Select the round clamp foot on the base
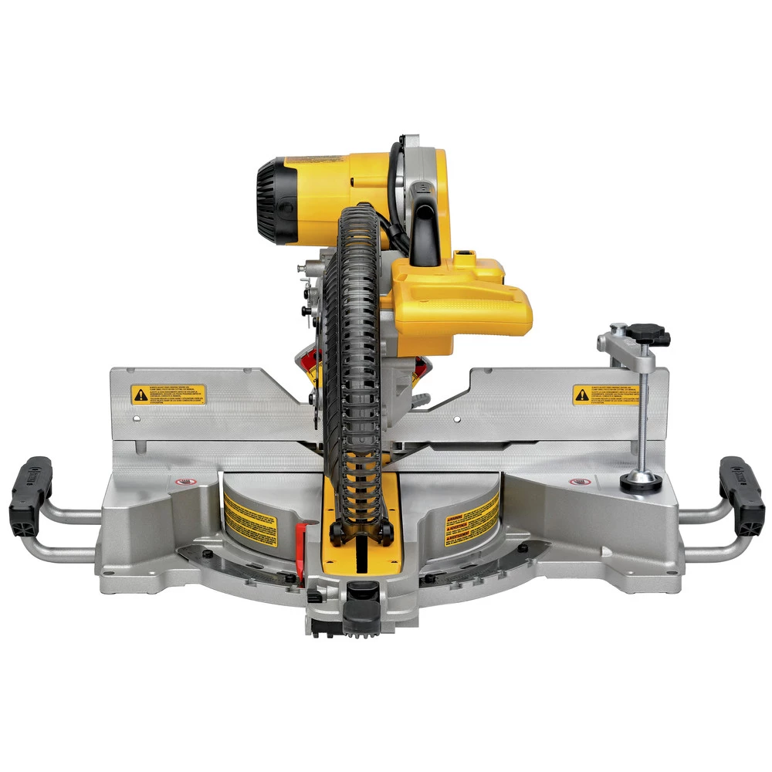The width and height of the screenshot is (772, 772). point(641,481)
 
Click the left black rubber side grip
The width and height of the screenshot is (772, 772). point(31,495)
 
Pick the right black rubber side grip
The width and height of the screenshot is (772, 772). point(742,495)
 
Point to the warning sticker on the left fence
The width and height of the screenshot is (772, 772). point(168,394)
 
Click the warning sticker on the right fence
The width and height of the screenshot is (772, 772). point(606,394)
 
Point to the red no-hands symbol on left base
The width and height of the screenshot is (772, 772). point(183,482)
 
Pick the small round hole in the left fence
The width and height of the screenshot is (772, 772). point(137,419)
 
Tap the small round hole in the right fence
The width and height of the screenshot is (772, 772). point(457,419)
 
